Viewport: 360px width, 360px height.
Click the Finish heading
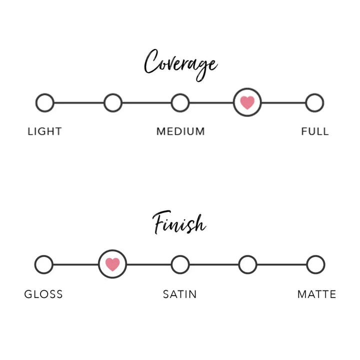(x=179, y=224)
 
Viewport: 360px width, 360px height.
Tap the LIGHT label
(x=44, y=131)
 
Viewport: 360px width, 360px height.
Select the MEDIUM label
(x=180, y=131)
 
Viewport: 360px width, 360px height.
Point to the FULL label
(x=315, y=131)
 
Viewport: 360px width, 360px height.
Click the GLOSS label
(x=43, y=294)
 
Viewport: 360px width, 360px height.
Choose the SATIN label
(x=180, y=294)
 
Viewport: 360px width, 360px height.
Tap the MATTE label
(x=316, y=294)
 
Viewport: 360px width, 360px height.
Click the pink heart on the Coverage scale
(x=247, y=103)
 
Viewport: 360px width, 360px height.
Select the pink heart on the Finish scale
(x=112, y=264)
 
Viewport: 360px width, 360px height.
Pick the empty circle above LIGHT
(x=45, y=103)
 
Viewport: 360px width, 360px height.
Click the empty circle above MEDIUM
(x=180, y=103)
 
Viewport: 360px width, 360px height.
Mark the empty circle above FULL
(x=314, y=103)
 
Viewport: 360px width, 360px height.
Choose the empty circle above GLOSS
(x=44, y=264)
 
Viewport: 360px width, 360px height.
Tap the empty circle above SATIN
(x=180, y=264)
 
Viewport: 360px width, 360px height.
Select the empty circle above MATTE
(x=315, y=264)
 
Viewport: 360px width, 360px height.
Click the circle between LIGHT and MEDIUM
(x=113, y=103)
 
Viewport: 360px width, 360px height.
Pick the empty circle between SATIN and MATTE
(x=247, y=264)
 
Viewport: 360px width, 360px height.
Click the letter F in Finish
(x=160, y=222)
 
